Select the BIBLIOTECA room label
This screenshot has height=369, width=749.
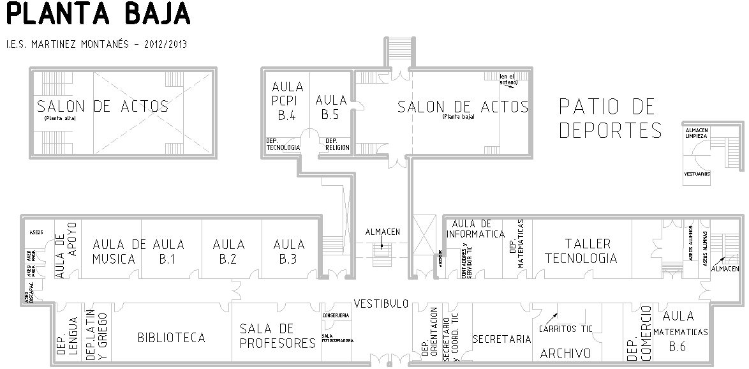click(x=171, y=338)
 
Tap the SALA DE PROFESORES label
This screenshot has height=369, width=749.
click(x=277, y=336)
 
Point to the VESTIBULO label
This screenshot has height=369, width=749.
click(x=381, y=304)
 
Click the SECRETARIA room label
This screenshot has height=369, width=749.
click(x=501, y=340)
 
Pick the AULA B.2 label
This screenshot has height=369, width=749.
click(x=228, y=252)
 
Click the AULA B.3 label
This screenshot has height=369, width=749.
click(x=289, y=252)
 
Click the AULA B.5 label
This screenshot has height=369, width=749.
click(x=331, y=107)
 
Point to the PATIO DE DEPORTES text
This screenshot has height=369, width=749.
click(x=611, y=118)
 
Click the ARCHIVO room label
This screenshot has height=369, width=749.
click(x=565, y=354)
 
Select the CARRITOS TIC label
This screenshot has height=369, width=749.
click(x=565, y=329)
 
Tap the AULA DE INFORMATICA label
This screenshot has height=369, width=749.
click(x=475, y=229)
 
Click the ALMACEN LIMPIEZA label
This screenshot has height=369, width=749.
click(x=696, y=133)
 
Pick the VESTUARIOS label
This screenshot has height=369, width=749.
click(x=697, y=174)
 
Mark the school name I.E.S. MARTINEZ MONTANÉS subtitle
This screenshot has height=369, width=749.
click(x=96, y=44)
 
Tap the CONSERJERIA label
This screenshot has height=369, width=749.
click(x=336, y=316)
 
